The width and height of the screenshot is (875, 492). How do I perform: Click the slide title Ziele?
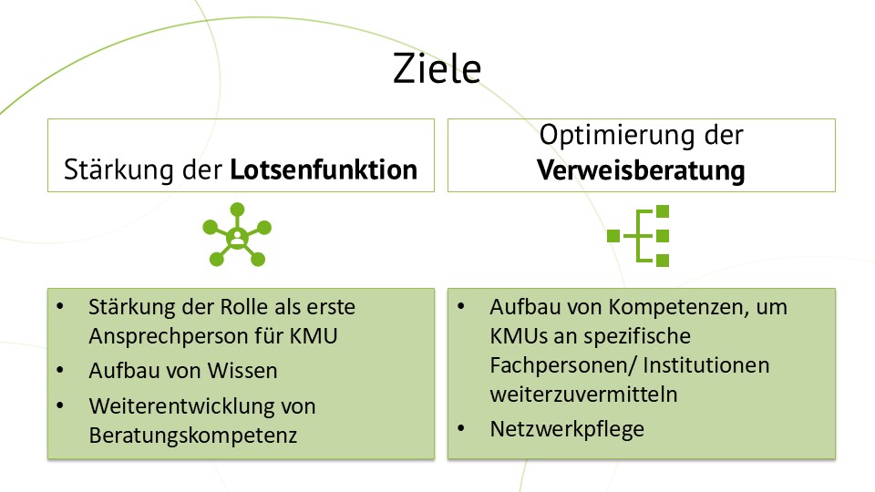point(437,69)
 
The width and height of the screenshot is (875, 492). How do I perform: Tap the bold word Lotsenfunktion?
point(324,169)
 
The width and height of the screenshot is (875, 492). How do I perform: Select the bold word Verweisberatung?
point(641,169)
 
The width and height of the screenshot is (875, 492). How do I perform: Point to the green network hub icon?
point(237,236)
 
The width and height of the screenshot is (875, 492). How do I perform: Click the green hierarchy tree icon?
point(641,236)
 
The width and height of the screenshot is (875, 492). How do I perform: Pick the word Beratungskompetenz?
point(193,435)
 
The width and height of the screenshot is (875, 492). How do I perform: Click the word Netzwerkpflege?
point(567,428)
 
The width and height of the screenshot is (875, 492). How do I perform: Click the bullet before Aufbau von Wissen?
point(60,371)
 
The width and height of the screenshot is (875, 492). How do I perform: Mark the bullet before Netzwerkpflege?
point(461,428)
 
